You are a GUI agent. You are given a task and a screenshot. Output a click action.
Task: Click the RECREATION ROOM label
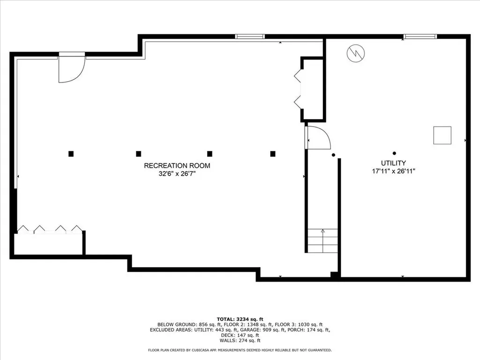coord(177,165)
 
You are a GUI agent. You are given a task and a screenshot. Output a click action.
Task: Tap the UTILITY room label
coord(393,163)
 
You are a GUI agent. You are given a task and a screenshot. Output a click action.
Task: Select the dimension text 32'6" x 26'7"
coord(177,173)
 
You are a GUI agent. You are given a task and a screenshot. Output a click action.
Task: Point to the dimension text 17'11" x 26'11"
coord(393,171)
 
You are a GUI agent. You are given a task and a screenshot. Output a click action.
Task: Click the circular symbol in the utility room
coord(355,53)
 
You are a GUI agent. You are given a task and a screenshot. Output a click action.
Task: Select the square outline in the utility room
coord(442,135)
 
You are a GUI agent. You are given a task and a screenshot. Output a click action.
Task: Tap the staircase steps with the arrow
coord(322,240)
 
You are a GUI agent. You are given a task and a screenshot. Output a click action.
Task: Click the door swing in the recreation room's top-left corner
coord(71,68)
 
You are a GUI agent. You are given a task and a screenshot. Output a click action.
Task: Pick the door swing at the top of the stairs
coord(318,137)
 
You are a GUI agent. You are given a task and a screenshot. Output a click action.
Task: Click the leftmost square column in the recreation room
coord(71,153)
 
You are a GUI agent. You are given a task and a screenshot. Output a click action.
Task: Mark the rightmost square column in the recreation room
coord(273,153)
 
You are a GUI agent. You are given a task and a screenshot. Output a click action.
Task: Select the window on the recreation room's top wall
coord(250,37)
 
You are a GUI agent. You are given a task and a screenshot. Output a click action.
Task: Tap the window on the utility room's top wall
coord(420,37)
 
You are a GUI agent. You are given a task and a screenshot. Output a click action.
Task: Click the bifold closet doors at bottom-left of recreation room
coord(49,229)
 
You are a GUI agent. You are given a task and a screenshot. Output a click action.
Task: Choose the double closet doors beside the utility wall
coord(297,89)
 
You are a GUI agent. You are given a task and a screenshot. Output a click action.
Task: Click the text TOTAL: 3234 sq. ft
coord(240,319)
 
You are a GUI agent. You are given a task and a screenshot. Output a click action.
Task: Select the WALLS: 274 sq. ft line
coord(240,341)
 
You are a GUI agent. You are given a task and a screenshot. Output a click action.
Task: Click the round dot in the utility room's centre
coord(394,153)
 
